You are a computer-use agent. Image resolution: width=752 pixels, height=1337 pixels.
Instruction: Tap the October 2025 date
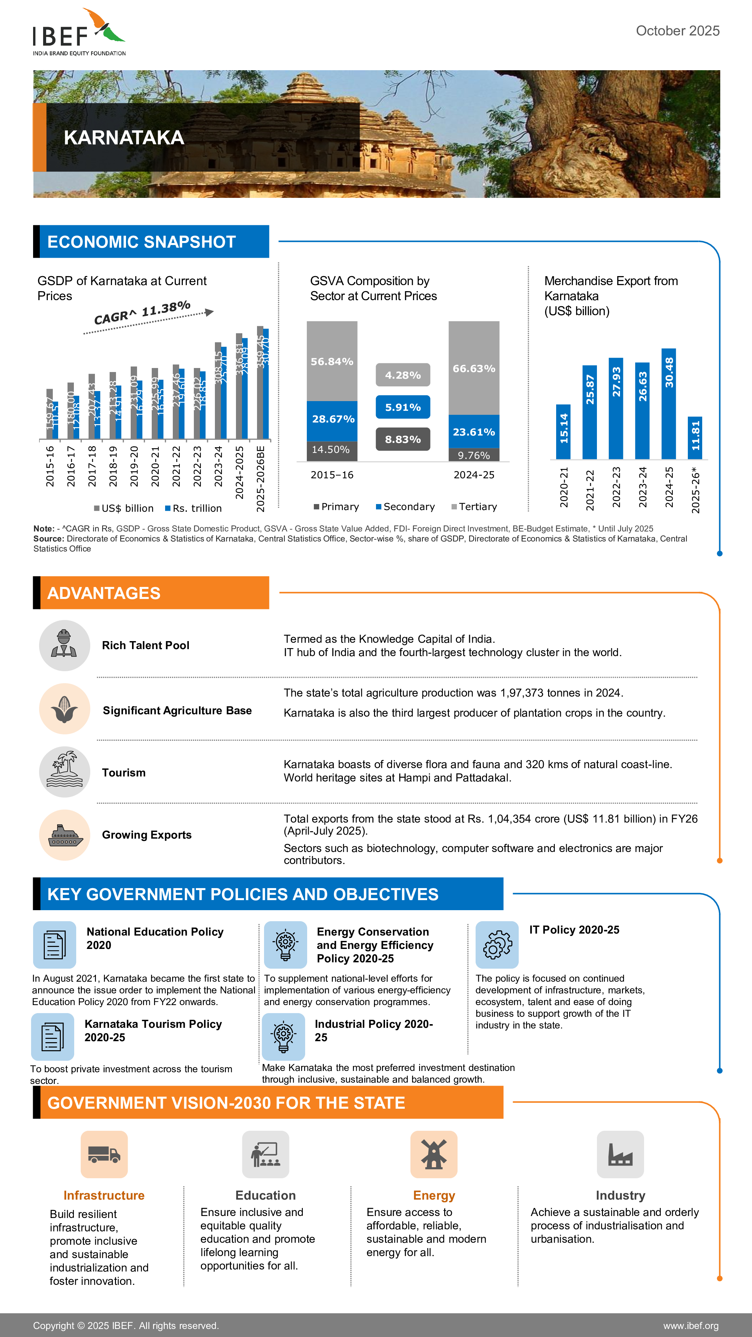[677, 31]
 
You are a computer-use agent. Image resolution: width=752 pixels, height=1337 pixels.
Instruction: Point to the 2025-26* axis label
[696, 490]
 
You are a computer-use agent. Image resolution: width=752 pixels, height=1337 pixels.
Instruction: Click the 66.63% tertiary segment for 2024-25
[474, 368]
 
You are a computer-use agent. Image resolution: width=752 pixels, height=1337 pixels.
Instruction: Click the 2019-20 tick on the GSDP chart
[134, 466]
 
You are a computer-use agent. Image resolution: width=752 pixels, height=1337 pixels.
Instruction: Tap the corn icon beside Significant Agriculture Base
[65, 709]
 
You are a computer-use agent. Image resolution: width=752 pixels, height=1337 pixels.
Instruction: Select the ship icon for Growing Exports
[65, 835]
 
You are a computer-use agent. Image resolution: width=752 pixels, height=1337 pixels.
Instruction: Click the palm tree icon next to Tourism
[65, 772]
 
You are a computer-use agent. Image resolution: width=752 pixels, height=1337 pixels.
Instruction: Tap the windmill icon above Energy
[433, 1154]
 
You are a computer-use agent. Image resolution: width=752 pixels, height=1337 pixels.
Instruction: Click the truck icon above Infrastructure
[104, 1154]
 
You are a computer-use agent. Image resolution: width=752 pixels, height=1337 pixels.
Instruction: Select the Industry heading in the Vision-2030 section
[620, 1195]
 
